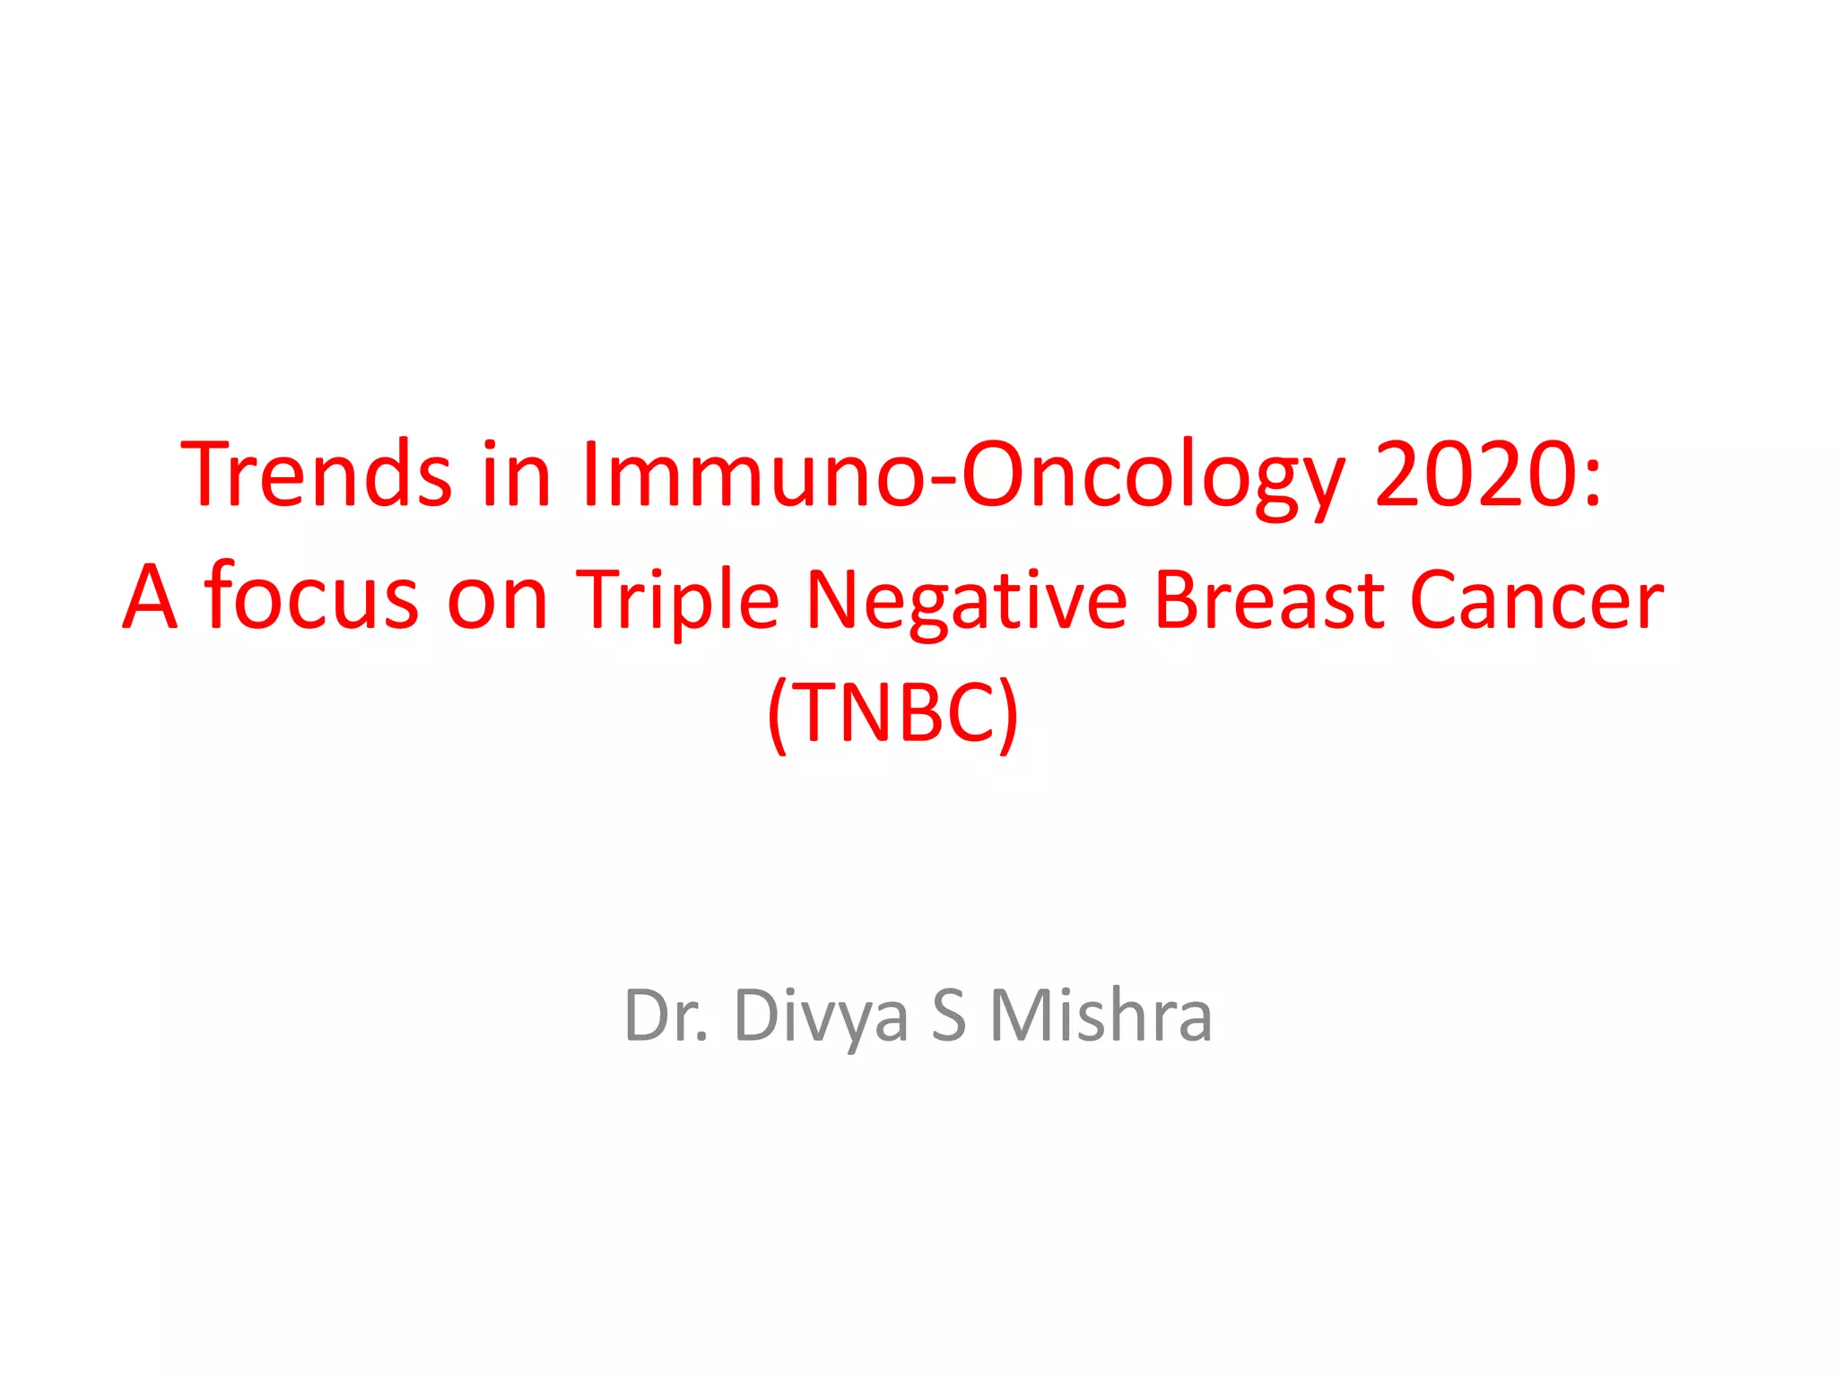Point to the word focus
click(310, 596)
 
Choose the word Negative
click(965, 599)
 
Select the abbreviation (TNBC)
click(893, 714)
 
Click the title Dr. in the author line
click(666, 1016)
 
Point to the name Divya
click(822, 1017)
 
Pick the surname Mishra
click(1101, 1016)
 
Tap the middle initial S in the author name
click(949, 1016)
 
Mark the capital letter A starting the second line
click(149, 597)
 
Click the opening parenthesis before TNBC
click(778, 716)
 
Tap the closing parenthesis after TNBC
click(1009, 716)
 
